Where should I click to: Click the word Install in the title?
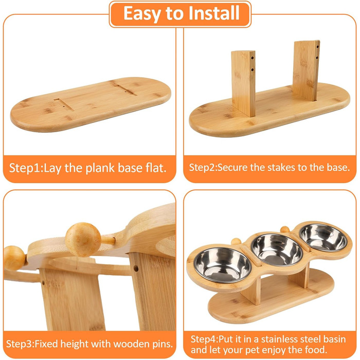coord(214,13)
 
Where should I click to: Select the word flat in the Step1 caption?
coord(156,168)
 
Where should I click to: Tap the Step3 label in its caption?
coord(20,344)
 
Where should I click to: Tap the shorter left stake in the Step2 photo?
coord(243,83)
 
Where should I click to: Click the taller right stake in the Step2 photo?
coord(306,70)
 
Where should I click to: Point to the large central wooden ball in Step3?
coord(83,240)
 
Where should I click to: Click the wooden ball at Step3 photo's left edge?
coord(14,258)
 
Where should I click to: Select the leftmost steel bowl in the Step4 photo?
coord(222,264)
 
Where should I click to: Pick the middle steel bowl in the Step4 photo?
coord(277,250)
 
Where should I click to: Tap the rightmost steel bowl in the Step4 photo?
coord(323,238)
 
